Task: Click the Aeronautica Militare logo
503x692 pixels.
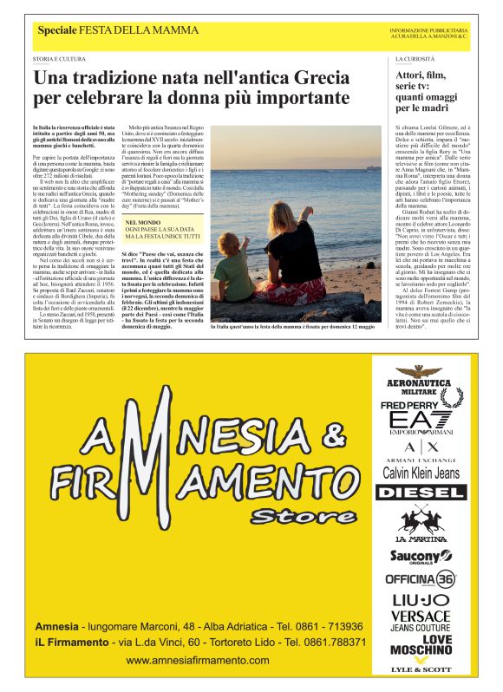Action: (420, 378)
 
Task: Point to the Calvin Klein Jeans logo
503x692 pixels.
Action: (421, 473)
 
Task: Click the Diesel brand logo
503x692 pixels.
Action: (420, 493)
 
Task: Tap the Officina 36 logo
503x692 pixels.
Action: (420, 578)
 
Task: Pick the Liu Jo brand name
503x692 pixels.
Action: (420, 600)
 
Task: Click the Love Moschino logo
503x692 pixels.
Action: (420, 645)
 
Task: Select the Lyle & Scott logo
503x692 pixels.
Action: (421, 669)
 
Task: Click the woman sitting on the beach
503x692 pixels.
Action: (291, 260)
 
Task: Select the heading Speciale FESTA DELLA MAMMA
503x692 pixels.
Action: (118, 30)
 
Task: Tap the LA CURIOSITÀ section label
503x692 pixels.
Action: (414, 58)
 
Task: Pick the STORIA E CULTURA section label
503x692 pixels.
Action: (59, 58)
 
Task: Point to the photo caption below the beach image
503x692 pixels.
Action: (296, 328)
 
